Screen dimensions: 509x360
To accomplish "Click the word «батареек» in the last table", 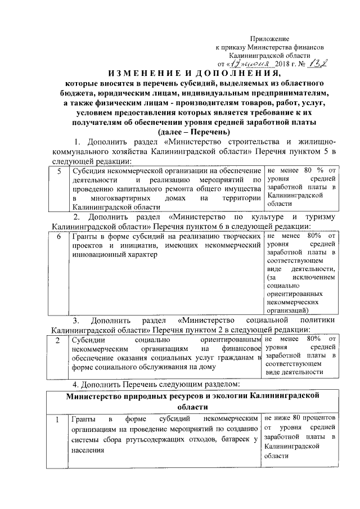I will coord(232,439).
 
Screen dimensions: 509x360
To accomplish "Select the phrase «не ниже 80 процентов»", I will coord(301,418).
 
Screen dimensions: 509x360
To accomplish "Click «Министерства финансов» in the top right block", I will coord(287,48).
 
